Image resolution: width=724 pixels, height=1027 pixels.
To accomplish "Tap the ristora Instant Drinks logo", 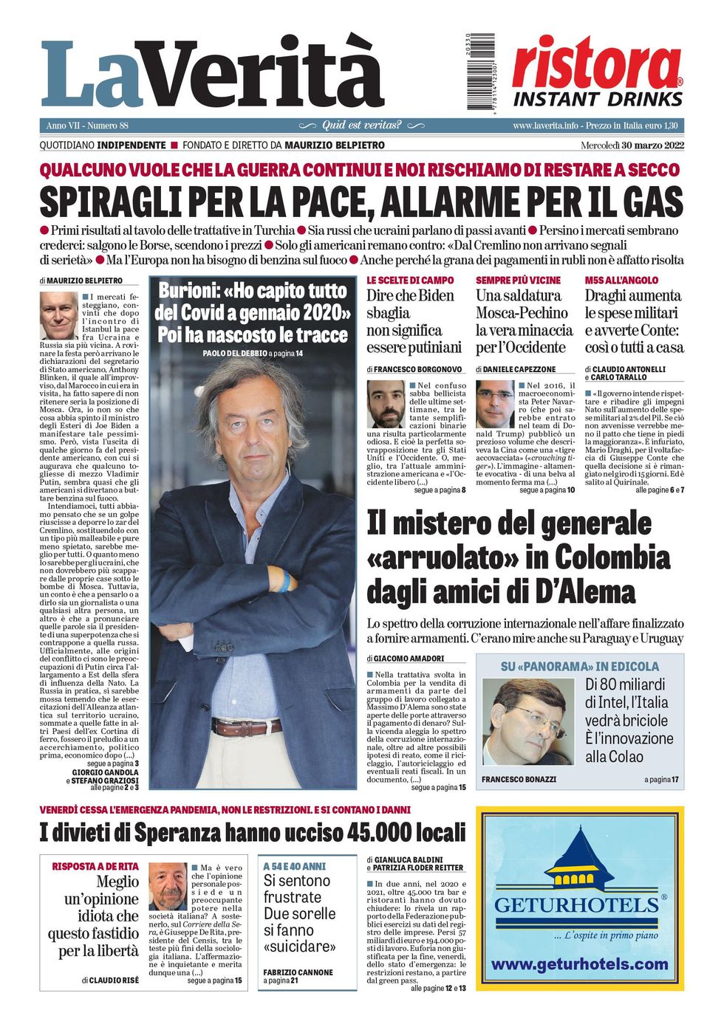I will [597, 72].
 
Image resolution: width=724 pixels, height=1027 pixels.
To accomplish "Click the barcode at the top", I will [480, 72].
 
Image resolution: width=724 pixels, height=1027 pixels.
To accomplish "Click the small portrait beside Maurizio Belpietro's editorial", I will [58, 315].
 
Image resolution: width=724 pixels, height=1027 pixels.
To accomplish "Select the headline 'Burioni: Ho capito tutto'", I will [252, 291].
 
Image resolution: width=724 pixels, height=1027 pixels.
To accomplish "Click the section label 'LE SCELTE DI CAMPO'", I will [410, 281].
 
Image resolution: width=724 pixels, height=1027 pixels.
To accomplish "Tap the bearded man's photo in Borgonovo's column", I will [386, 403].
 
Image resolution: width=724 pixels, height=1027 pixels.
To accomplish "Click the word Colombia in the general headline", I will [612, 557].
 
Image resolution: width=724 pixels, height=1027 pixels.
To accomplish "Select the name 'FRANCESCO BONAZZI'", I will [519, 779].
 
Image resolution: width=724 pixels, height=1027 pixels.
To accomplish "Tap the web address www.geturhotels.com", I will [579, 964].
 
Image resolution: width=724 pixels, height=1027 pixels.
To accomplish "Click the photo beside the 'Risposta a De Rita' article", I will [168, 886].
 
